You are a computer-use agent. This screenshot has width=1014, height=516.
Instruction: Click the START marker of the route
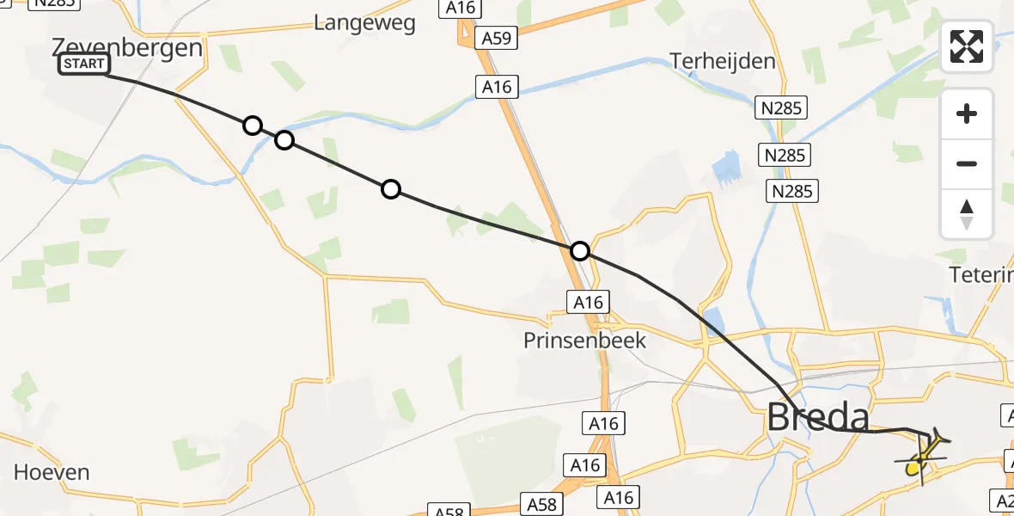pos(84,64)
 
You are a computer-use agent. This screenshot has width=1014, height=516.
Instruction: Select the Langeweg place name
pos(364,22)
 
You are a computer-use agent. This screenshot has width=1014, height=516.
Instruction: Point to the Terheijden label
pos(722,61)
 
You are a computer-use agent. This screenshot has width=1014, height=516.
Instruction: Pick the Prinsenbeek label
pos(584,341)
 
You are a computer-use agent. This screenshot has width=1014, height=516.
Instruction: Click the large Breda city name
pos(817,418)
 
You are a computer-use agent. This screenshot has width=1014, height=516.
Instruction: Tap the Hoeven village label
pos(52,472)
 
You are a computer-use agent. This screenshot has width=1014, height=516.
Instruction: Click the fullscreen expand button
pos(967,46)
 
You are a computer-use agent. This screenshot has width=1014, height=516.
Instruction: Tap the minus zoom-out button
pos(967,163)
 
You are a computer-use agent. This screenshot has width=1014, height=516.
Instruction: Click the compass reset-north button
pos(967,214)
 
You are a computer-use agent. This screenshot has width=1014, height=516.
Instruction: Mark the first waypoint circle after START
pos(252,126)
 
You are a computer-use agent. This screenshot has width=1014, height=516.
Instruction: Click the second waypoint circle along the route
pos(284,140)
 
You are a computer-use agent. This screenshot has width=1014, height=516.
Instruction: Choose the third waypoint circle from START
pos(391,189)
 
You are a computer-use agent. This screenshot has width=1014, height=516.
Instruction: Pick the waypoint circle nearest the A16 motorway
pos(580,251)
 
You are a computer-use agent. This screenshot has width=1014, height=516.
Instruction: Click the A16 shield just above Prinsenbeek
pos(589,302)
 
